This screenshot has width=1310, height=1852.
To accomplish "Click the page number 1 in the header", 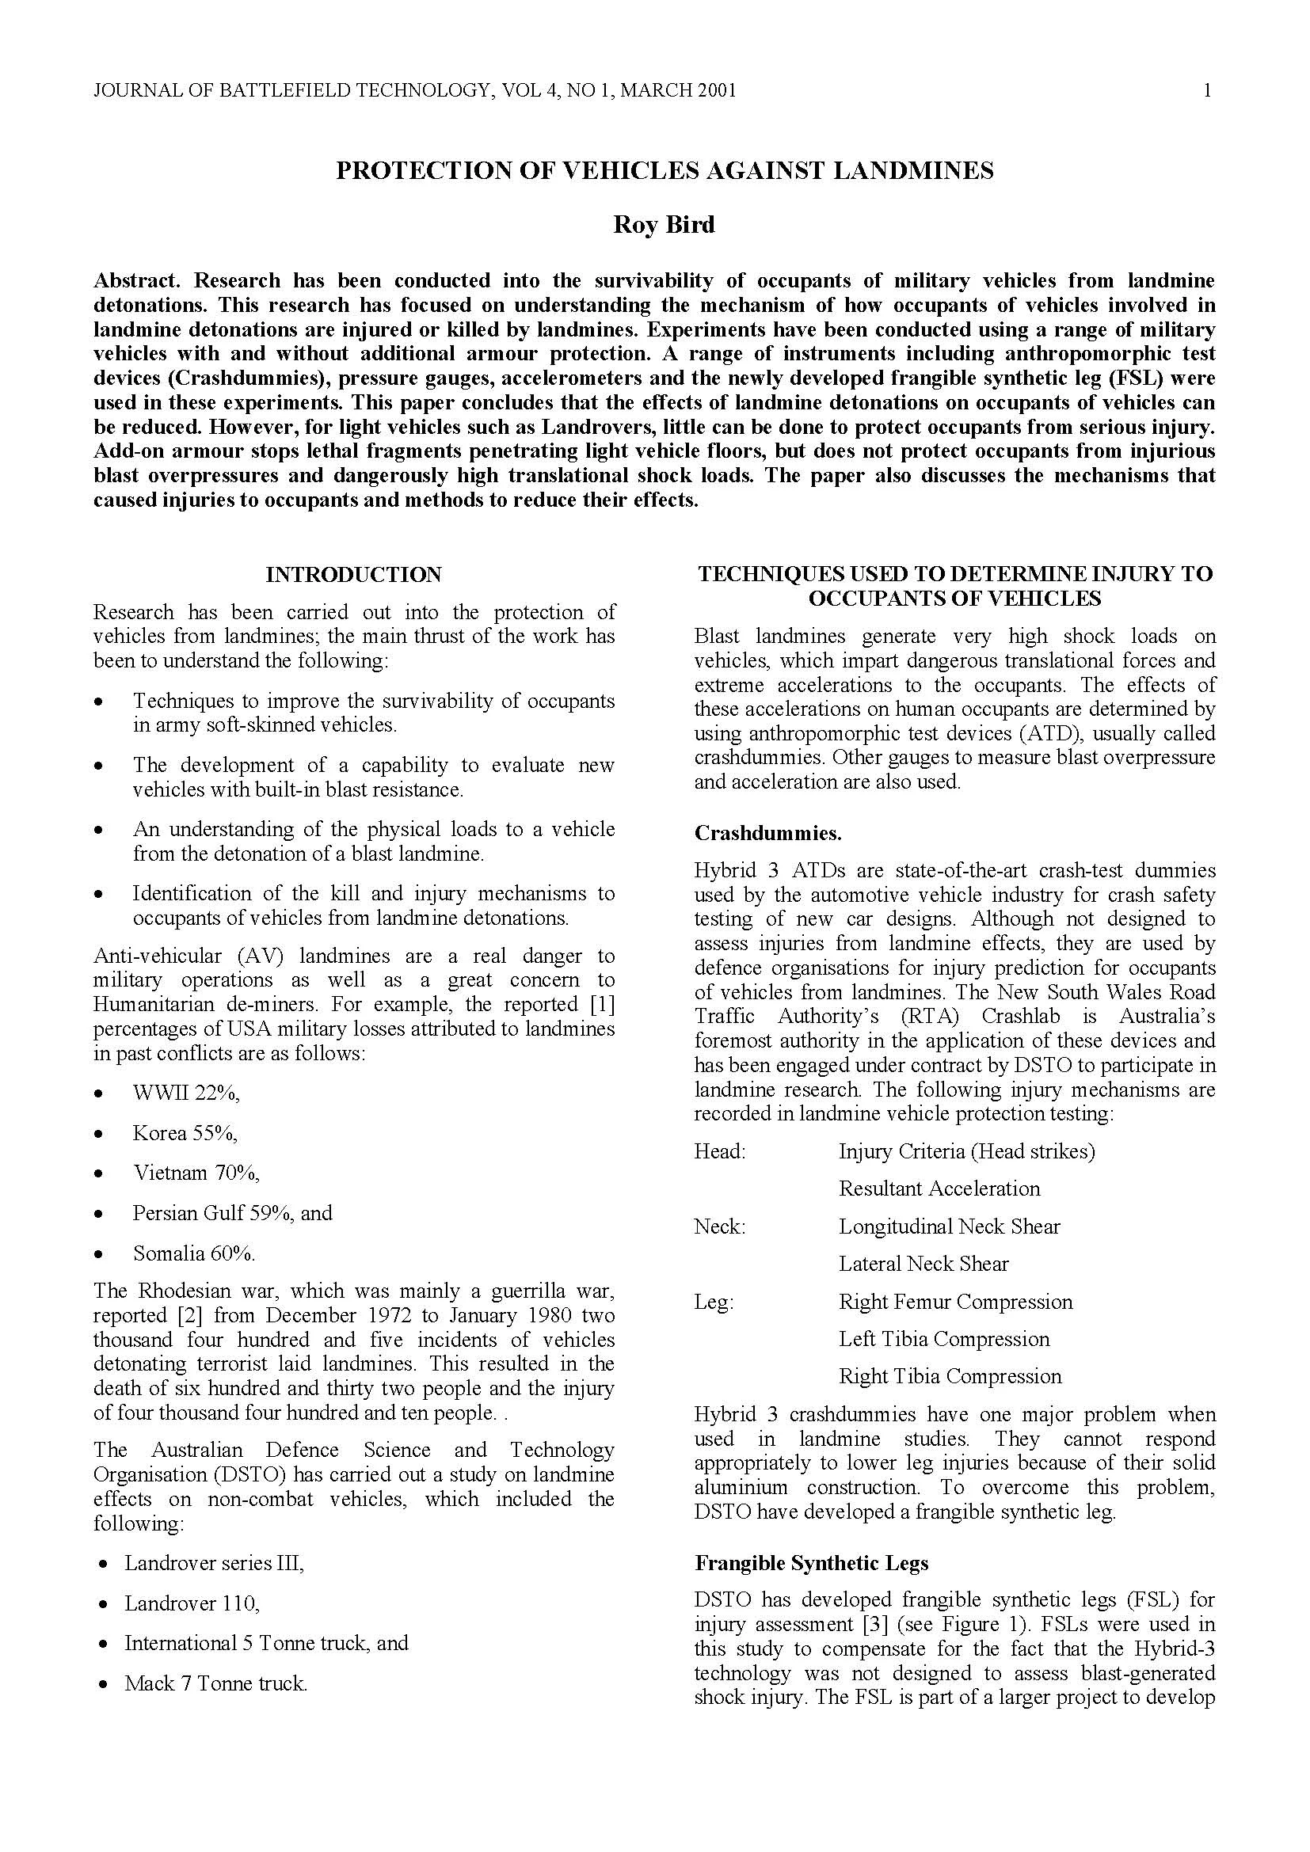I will pos(1207,90).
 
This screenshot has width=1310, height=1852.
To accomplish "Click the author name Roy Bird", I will pos(663,224).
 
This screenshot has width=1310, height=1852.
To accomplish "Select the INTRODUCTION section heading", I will pos(353,574).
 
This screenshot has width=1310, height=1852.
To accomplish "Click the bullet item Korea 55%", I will pos(185,1132).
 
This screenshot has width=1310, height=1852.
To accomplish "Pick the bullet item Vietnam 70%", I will pos(196,1173).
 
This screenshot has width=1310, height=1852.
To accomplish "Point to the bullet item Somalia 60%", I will pos(193,1253).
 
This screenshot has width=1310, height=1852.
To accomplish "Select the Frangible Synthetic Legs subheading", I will pos(811,1563).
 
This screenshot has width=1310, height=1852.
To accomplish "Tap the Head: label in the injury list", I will pos(719,1151).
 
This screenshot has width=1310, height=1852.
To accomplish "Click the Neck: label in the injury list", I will pos(719,1226).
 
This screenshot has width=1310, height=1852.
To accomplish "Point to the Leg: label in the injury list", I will pos(713,1302).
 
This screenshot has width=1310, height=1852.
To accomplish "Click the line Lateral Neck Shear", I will pos(923,1264).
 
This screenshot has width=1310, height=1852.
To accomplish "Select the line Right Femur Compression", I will pos(955,1302).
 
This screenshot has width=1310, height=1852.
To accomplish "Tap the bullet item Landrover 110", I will pos(191,1603).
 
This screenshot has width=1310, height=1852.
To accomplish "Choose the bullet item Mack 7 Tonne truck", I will pos(215,1683).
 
